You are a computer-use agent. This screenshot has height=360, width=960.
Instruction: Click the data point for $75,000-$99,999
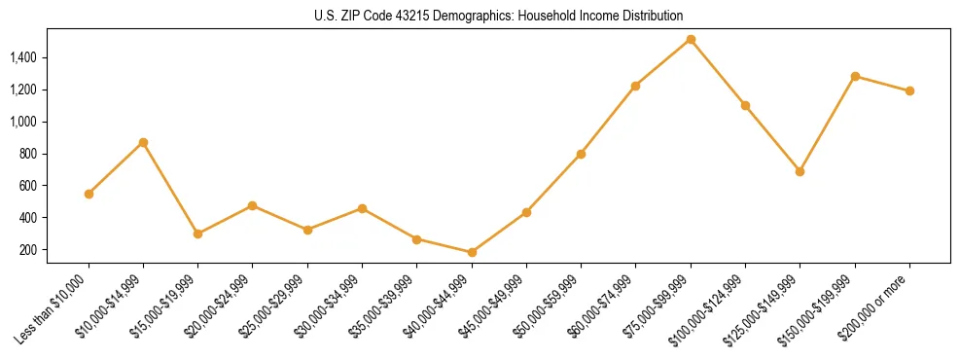691,40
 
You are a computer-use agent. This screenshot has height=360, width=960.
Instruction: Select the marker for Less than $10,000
89,194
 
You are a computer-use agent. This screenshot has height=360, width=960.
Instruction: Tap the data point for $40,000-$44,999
472,252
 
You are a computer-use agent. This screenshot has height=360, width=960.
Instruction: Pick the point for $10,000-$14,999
143,142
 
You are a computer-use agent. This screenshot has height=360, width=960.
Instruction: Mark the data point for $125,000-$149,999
800,171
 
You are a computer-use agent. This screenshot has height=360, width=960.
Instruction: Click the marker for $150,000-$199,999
855,76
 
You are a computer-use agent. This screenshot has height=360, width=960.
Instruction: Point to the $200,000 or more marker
909,90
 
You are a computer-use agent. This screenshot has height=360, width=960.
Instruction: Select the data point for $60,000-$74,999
635,86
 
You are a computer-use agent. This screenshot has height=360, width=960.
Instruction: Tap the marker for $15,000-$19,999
198,234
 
